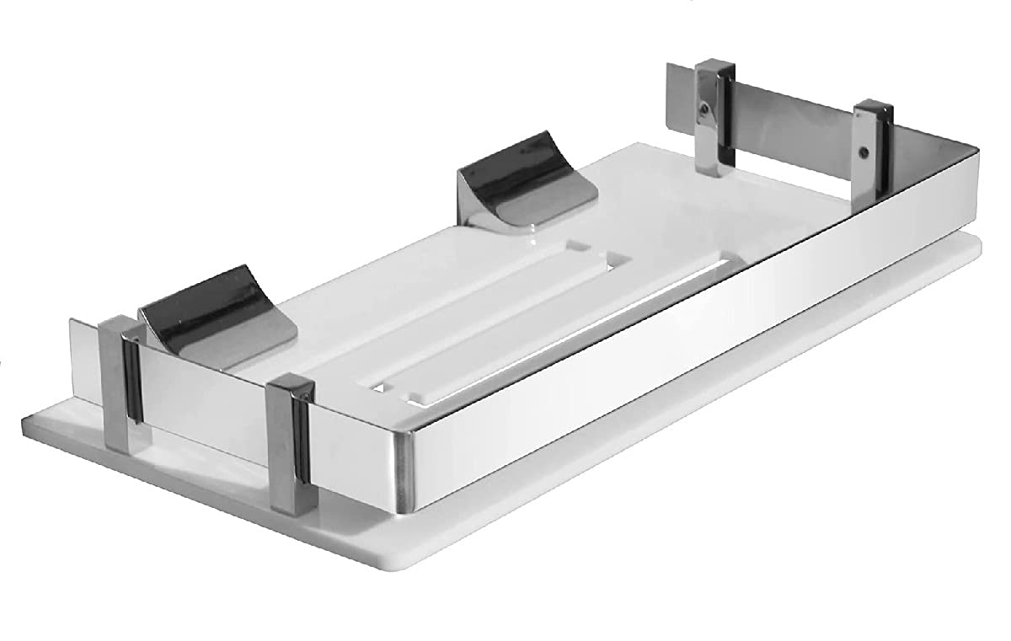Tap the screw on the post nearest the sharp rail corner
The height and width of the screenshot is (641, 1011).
[x=861, y=152]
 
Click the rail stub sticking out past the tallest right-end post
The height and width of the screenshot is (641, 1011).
[x=679, y=93]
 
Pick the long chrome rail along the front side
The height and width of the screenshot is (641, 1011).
[x=674, y=337]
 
